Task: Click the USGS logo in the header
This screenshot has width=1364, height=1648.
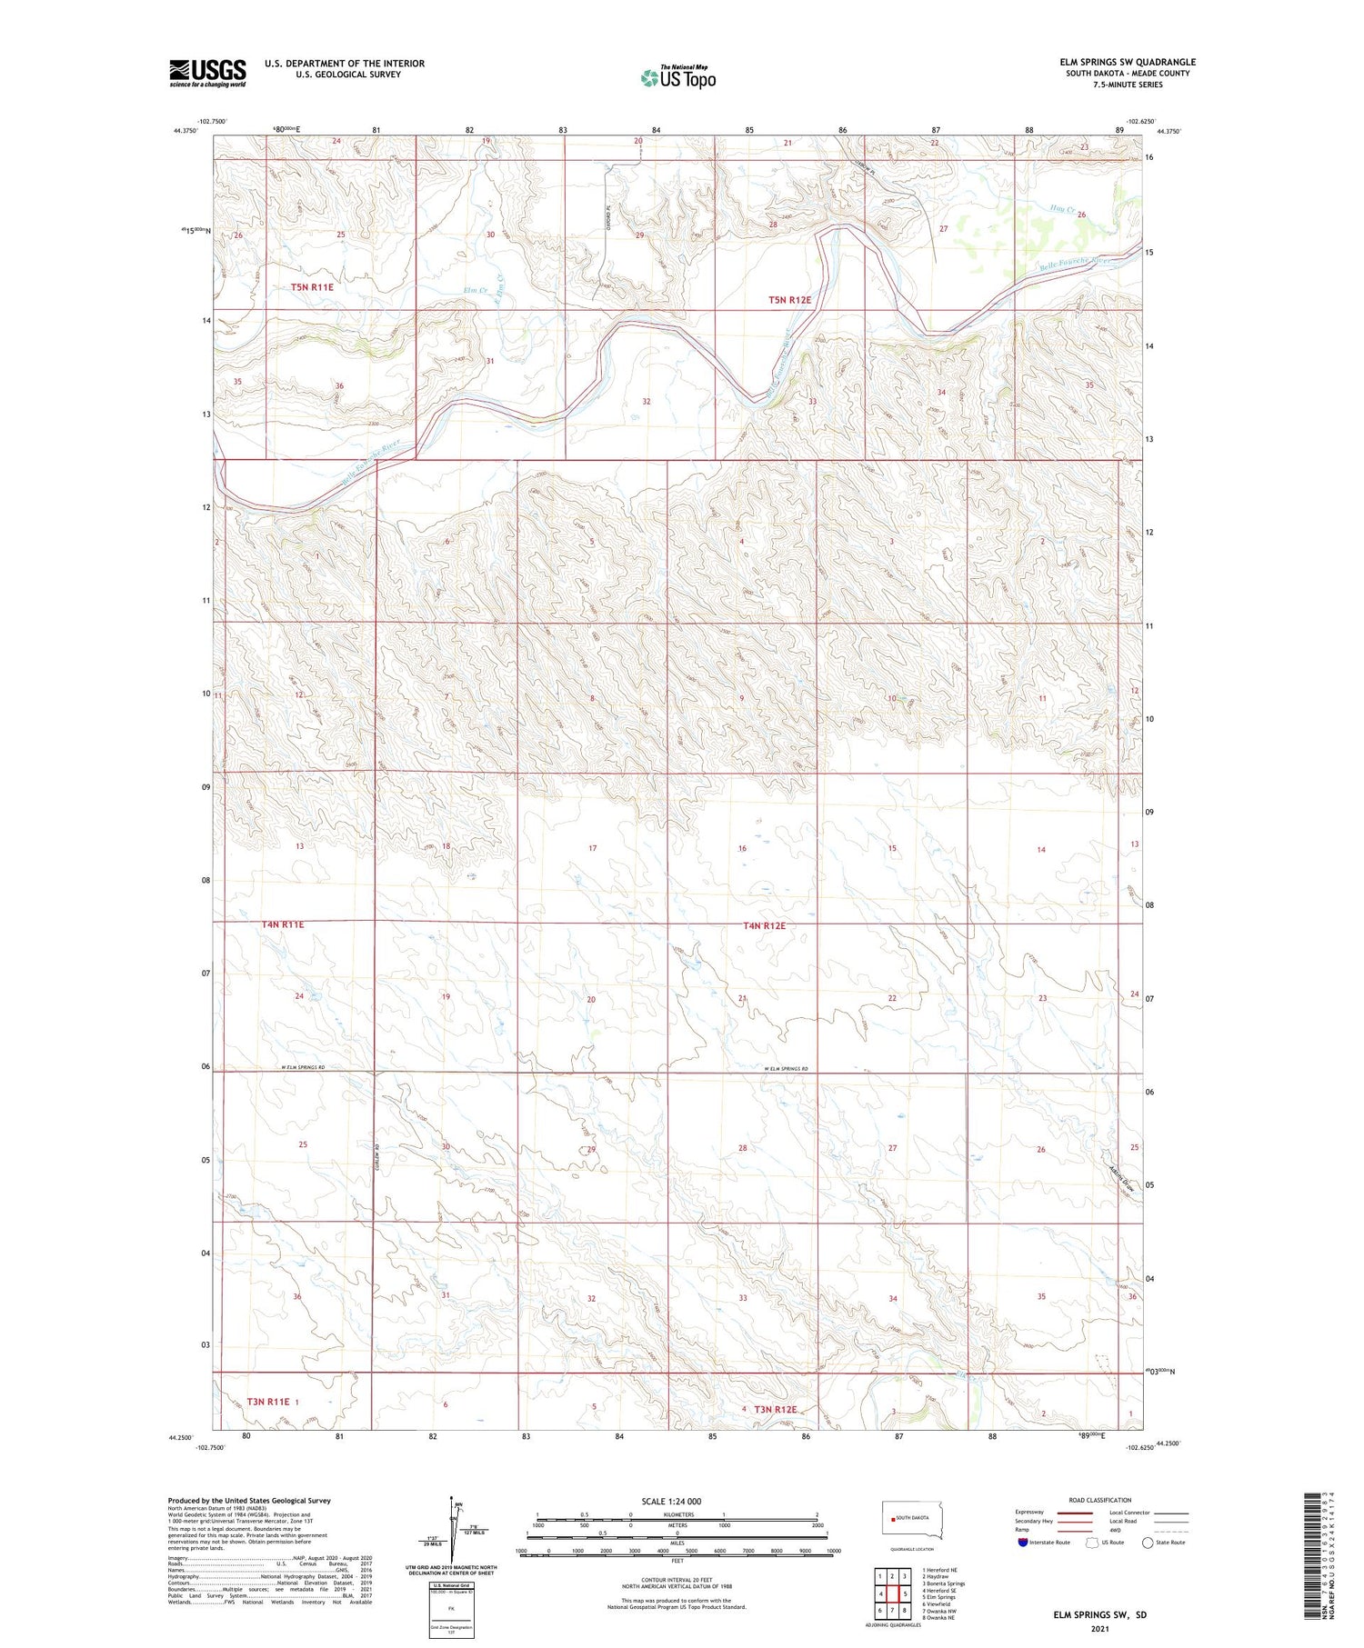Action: point(207,73)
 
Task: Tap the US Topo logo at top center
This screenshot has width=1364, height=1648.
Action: point(677,77)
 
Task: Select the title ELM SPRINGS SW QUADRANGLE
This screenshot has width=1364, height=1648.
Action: point(1128,62)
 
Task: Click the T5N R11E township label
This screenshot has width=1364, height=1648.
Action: point(312,287)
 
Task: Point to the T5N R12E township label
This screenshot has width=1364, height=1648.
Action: point(789,299)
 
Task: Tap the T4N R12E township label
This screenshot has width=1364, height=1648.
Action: point(763,925)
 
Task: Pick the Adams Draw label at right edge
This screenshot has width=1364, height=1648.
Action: point(1125,1179)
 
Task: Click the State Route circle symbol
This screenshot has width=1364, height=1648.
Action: point(1148,1543)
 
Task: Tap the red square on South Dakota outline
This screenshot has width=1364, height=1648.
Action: point(891,1519)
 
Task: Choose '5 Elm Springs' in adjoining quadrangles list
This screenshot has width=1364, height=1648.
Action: point(938,1596)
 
